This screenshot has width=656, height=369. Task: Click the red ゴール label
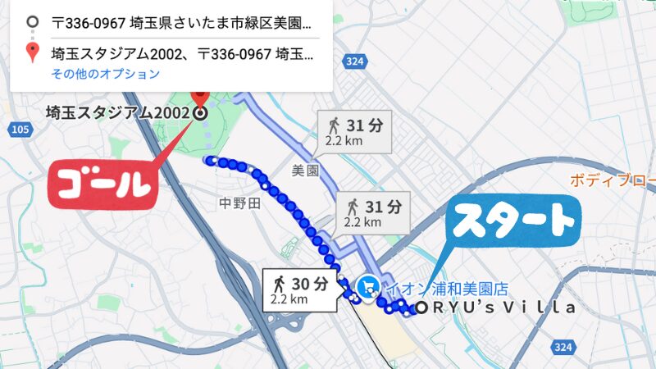[x=103, y=184]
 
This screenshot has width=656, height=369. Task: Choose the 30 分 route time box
[x=300, y=289]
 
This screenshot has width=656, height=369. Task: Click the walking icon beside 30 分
[x=280, y=284]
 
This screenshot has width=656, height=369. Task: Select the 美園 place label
[x=304, y=171]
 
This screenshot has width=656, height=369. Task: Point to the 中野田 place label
[x=239, y=203]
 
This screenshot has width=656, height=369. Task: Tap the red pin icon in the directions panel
[x=32, y=53]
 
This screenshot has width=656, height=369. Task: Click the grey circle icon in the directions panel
[x=32, y=22]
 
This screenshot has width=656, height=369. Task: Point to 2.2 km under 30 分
[x=289, y=299]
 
